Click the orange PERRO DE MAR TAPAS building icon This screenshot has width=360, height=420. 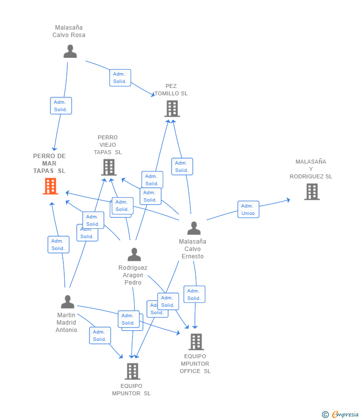click(50, 186)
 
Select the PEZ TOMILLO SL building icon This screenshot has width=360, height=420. click(172, 109)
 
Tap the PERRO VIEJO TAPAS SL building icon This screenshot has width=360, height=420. click(109, 168)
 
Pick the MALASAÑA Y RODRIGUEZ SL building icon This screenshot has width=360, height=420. click(312, 192)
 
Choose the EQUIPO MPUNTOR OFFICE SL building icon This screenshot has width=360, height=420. click(196, 341)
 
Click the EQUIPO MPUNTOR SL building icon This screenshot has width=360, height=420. click(132, 371)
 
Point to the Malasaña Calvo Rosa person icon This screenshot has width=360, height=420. click(70, 51)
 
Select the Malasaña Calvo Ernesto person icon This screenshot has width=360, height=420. click(194, 228)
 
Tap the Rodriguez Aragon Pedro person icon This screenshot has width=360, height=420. click(134, 254)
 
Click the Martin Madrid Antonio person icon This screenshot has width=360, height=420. click(67, 301)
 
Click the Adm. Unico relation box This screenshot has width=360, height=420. click(248, 210)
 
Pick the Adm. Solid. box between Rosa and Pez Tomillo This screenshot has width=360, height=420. click(120, 78)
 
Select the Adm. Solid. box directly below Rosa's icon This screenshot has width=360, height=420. click(61, 106)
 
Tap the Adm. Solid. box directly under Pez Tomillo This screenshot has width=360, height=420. click(182, 167)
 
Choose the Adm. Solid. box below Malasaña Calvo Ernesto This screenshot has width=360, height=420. click(194, 294)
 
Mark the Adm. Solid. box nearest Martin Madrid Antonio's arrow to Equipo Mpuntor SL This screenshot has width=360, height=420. click(100, 336)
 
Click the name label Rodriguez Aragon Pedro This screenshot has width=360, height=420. click(133, 275)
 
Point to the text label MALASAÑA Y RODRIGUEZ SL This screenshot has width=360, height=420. click(311, 169)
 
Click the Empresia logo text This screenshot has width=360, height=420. click(345, 415)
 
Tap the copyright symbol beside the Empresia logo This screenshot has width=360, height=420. click(325, 415)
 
